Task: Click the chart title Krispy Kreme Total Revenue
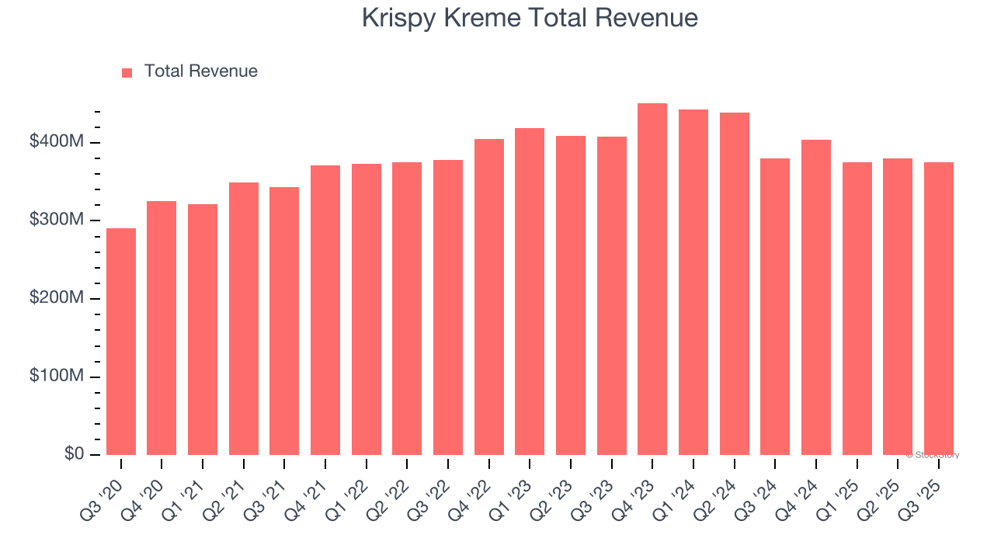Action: [530, 19]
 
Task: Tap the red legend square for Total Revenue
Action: [127, 72]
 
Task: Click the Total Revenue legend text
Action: [200, 71]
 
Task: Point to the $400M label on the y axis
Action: [57, 142]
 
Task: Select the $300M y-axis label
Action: [57, 220]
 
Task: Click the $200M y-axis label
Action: [57, 299]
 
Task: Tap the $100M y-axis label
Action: [57, 377]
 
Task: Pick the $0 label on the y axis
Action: [75, 454]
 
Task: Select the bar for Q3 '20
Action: [121, 342]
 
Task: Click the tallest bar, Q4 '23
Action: [652, 279]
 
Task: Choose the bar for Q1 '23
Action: [530, 291]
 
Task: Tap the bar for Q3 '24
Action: [775, 307]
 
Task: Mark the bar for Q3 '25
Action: [939, 308]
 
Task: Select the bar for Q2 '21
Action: [244, 318]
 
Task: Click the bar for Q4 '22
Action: [489, 297]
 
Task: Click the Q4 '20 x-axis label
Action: [148, 489]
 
